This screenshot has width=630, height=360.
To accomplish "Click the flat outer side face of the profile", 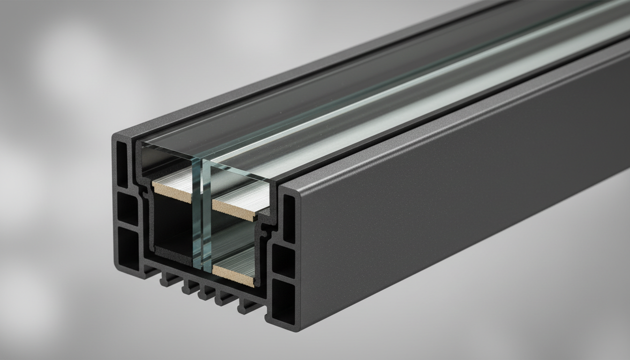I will coord(445,211).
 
